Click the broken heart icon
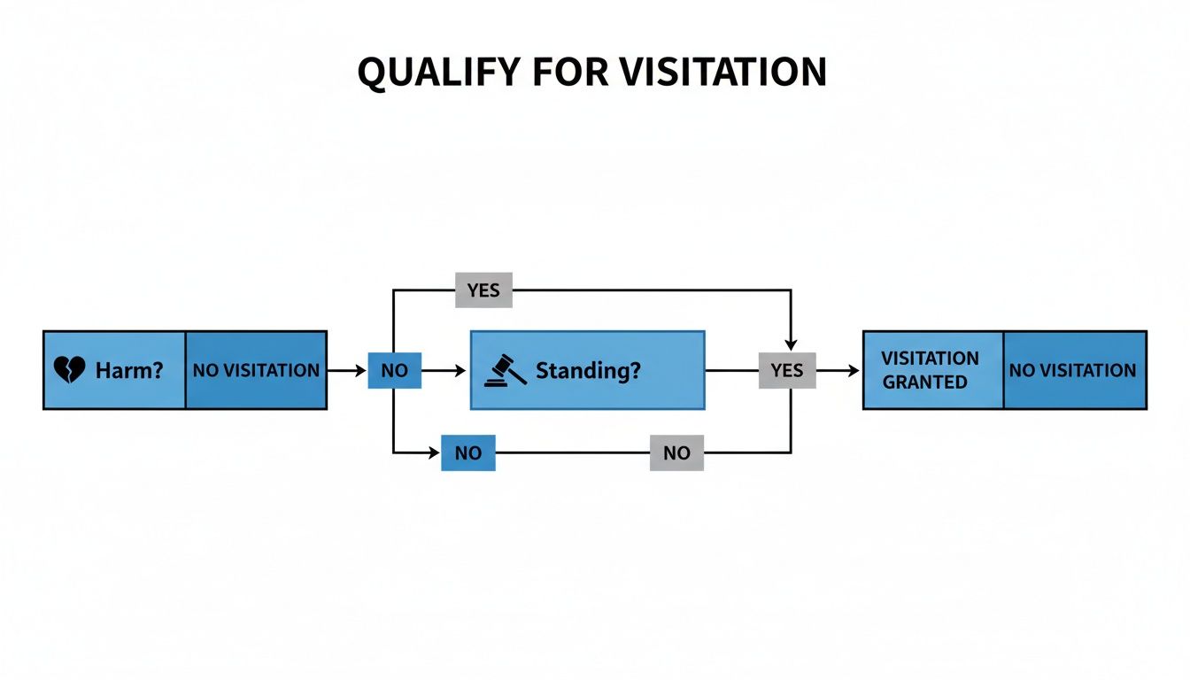tap(70, 370)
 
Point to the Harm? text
tap(129, 370)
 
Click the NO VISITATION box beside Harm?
tap(256, 370)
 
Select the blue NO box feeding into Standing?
tap(394, 370)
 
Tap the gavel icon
tap(506, 370)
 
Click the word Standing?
tap(588, 370)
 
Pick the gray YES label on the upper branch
tap(483, 290)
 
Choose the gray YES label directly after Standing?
tap(786, 370)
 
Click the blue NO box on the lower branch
tap(467, 452)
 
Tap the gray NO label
tap(676, 452)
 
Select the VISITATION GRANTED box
tap(931, 370)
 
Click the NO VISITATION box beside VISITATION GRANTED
tap(1073, 370)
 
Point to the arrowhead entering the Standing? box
tap(461, 370)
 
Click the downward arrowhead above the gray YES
tap(791, 344)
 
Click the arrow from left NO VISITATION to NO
tap(347, 370)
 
